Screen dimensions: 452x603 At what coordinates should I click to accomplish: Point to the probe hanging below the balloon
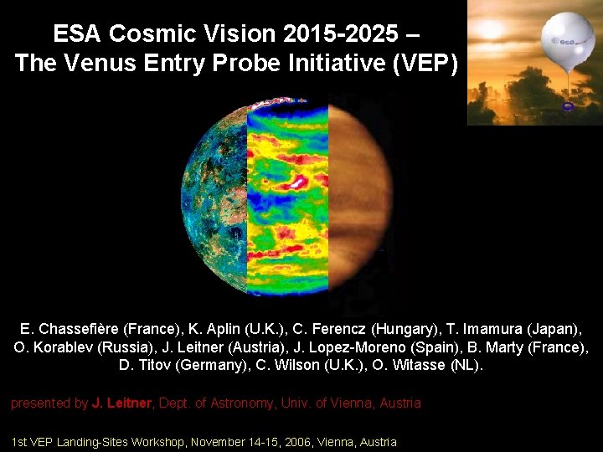tap(568, 107)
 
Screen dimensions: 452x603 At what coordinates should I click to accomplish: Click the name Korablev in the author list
tap(64, 347)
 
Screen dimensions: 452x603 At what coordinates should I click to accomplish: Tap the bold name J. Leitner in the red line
tap(121, 403)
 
